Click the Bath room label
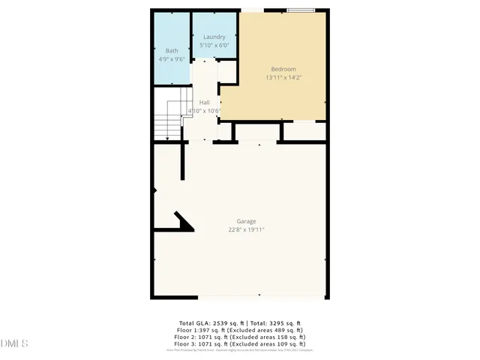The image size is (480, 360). [x=172, y=50]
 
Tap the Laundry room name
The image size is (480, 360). [x=214, y=37]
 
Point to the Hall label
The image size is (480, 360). [x=204, y=103]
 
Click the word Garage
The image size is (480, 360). [x=247, y=221]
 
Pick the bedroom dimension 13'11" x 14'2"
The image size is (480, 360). [x=283, y=77]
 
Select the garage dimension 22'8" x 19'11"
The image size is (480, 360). [x=247, y=229]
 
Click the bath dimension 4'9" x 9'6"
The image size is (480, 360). [x=172, y=58]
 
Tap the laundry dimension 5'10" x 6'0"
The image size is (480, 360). [x=214, y=45]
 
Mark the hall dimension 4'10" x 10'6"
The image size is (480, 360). [x=204, y=111]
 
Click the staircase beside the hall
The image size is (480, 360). [x=169, y=120]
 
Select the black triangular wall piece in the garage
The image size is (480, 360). [x=183, y=221]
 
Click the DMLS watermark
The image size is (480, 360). [x=15, y=344]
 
